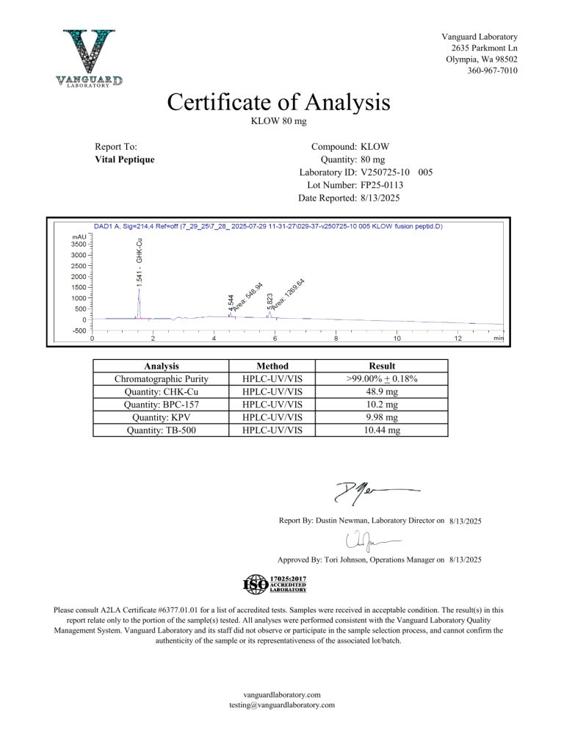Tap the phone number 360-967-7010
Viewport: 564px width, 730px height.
pos(492,71)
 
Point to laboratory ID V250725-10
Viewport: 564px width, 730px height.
pos(386,173)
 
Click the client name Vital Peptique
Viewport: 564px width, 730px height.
pos(125,159)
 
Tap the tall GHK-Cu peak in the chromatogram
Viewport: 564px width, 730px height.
pos(140,301)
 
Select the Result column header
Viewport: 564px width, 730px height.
pos(382,366)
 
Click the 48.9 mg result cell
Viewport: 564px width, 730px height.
pos(382,391)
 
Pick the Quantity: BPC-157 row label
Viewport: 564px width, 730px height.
pos(162,403)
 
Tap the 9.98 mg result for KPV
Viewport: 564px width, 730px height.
pos(382,416)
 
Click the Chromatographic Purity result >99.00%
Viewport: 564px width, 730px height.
pos(382,378)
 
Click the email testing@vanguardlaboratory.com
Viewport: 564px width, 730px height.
pos(282,704)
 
